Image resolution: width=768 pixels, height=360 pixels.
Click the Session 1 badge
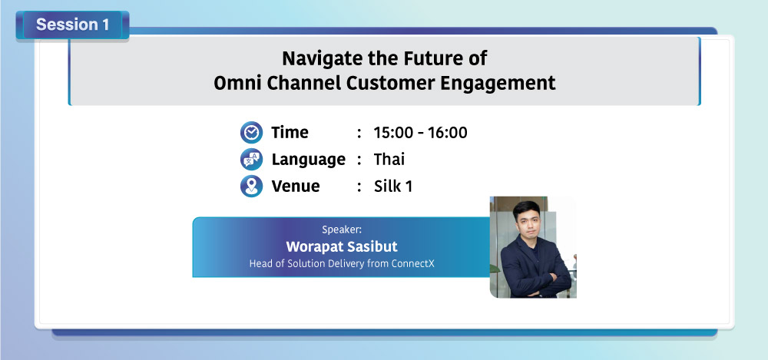click(72, 25)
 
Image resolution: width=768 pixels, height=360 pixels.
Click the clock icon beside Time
click(251, 133)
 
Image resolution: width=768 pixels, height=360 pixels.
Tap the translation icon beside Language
click(251, 160)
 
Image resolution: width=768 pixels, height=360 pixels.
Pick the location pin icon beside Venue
click(251, 187)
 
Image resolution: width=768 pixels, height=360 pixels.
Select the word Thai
click(389, 159)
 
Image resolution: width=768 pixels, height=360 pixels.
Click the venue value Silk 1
click(392, 186)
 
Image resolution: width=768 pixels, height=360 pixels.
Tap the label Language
click(309, 160)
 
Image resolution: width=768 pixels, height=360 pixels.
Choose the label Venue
click(296, 186)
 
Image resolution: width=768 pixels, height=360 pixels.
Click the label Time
click(290, 133)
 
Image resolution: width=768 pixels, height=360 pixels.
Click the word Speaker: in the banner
click(342, 230)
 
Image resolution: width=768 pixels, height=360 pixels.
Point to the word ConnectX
click(413, 263)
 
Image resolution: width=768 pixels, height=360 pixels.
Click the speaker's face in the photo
click(526, 221)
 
